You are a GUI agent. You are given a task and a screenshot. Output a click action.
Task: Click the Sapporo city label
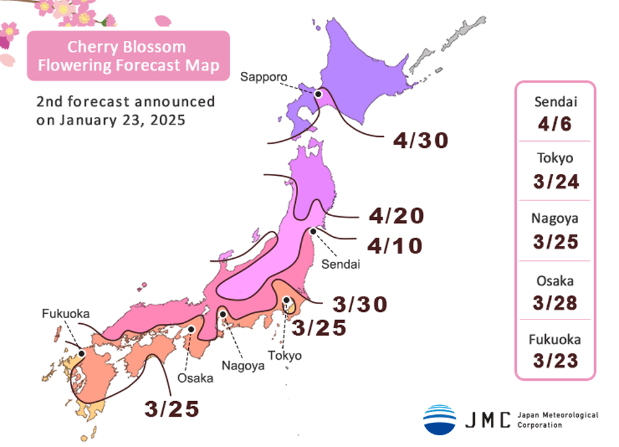point(264,77)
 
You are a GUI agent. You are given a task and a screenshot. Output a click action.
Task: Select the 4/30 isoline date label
point(420,141)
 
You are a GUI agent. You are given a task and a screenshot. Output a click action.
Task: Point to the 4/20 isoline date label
point(396,215)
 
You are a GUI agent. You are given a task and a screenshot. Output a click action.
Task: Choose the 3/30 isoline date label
point(360,304)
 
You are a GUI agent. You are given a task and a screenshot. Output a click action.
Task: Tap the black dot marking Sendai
point(313,231)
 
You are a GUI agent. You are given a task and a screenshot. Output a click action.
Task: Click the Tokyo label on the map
point(285,355)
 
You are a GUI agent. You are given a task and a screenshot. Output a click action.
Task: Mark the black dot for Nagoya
point(222,315)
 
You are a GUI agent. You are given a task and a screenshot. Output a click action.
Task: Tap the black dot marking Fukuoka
point(81,353)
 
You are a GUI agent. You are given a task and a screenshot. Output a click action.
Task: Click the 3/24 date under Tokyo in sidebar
point(555,181)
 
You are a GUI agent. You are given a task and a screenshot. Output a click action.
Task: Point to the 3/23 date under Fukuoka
point(555,360)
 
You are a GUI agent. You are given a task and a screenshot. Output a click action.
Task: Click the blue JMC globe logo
point(439,419)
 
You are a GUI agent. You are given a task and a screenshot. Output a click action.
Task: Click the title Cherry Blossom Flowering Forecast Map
point(128,56)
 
